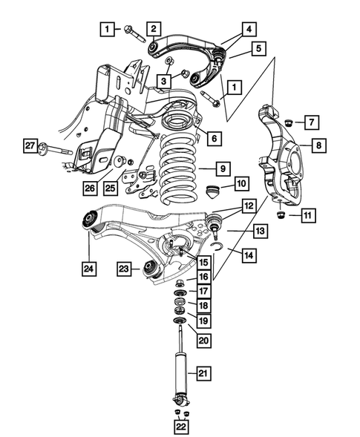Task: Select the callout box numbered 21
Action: pyautogui.click(x=203, y=372)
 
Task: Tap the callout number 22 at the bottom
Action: pyautogui.click(x=182, y=427)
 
